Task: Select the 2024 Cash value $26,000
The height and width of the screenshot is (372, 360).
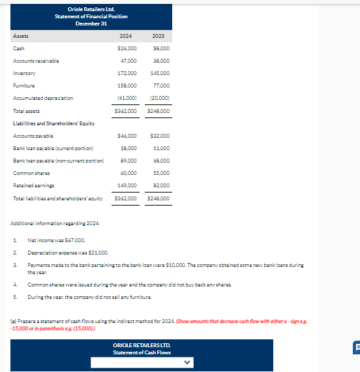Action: click(127, 48)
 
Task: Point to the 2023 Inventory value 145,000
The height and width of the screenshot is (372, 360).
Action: click(160, 73)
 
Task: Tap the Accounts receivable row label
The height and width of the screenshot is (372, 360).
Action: click(36, 61)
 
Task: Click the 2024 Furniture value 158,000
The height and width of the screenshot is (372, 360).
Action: click(128, 85)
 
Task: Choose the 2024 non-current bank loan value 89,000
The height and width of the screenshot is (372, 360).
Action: click(129, 161)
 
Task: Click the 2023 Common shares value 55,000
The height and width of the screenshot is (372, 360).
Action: click(160, 173)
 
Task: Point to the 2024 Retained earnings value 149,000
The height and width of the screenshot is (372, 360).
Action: click(128, 185)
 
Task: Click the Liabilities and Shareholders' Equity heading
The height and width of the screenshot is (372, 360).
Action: click(54, 123)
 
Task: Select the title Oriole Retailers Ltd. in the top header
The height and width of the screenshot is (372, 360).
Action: click(92, 9)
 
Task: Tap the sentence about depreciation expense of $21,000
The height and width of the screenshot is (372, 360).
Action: click(68, 253)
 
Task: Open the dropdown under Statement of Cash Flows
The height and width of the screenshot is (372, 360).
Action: click(142, 361)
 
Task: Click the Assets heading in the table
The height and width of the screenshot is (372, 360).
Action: click(21, 36)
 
